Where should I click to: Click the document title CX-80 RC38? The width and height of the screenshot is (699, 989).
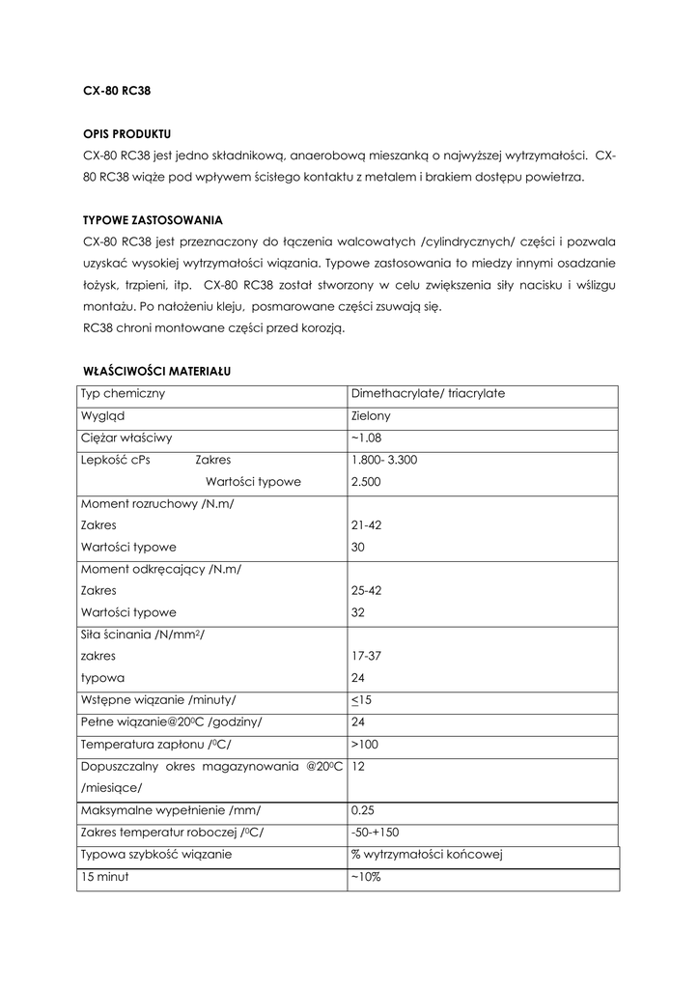[117, 91]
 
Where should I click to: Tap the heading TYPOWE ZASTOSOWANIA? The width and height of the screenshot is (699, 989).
[153, 219]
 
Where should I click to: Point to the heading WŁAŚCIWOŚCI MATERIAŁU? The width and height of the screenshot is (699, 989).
[155, 370]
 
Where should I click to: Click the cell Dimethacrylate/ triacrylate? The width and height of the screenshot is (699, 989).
[429, 394]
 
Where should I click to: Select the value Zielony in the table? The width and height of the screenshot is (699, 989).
[372, 416]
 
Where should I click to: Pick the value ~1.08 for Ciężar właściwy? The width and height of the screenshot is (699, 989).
[368, 438]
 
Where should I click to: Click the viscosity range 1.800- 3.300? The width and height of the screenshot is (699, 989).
[384, 460]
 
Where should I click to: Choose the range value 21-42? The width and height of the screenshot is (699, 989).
[366, 524]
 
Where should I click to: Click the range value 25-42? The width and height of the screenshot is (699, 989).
[366, 590]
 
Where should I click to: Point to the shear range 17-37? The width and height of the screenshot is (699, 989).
[366, 655]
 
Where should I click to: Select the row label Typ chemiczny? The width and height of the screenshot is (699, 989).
[123, 394]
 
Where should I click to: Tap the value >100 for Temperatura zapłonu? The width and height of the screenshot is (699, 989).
[366, 745]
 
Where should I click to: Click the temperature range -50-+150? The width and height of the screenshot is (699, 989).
[376, 832]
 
